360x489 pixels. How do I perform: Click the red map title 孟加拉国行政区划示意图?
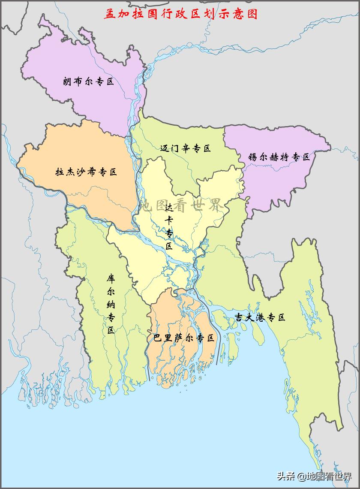[181, 14]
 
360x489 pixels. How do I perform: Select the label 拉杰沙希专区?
[86, 172]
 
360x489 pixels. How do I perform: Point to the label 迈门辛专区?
[186, 149]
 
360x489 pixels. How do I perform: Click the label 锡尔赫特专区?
[279, 157]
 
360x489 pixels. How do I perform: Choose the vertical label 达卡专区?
[169, 227]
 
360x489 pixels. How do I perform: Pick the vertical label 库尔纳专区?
[111, 304]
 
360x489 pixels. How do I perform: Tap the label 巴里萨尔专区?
[184, 338]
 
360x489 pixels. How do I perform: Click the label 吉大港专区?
[260, 318]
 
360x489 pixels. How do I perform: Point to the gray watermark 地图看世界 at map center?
[181, 205]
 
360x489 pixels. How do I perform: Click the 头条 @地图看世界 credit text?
[314, 476]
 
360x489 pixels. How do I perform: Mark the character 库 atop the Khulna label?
[111, 278]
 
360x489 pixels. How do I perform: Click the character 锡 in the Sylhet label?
[253, 157]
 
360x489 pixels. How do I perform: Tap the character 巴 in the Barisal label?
[158, 338]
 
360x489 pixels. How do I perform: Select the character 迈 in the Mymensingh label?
[165, 149]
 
